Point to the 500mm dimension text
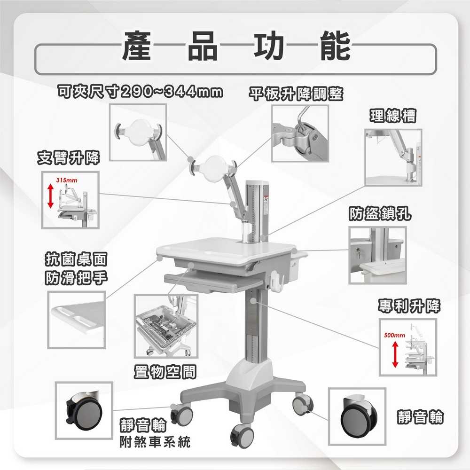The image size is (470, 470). tap(394, 336)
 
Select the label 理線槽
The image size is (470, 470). tap(393, 116)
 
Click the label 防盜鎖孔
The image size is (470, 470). tap(380, 214)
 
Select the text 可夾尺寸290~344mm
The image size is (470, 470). tap(139, 91)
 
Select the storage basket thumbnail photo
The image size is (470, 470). tap(166, 326)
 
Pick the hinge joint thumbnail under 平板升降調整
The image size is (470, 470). tap(300, 133)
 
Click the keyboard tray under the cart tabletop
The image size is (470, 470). tap(213, 282)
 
